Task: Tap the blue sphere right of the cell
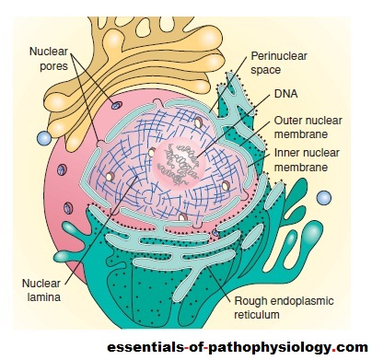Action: tap(322, 197)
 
